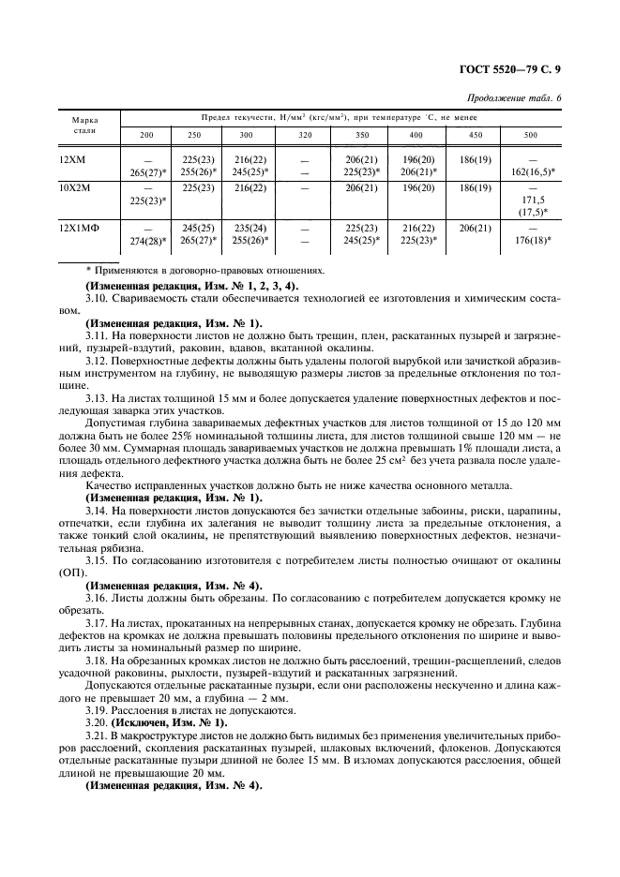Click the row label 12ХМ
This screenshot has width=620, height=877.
[72, 161]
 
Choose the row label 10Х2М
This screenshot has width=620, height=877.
[73, 188]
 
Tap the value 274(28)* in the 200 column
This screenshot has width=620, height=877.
[147, 240]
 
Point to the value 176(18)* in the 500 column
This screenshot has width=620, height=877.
[533, 240]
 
